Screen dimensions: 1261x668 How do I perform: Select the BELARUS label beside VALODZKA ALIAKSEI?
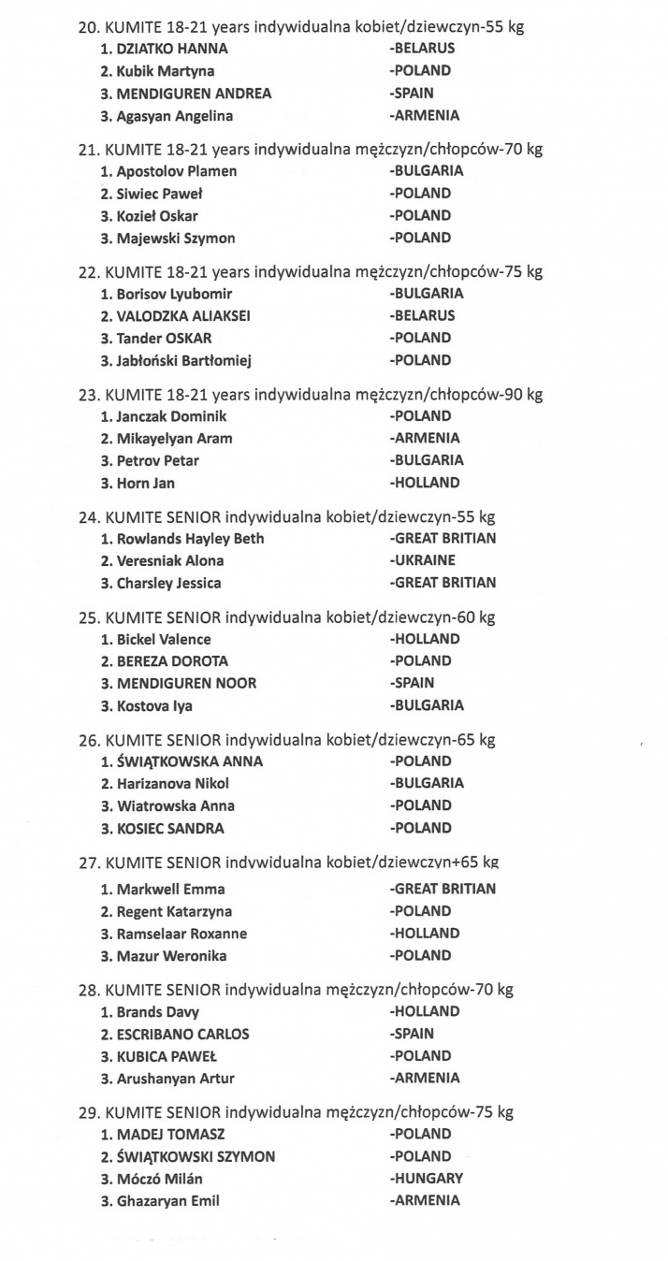coord(423,315)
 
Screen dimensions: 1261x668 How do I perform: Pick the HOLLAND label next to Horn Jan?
coord(426,484)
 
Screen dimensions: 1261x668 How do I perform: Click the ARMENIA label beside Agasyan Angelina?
coord(425,116)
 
